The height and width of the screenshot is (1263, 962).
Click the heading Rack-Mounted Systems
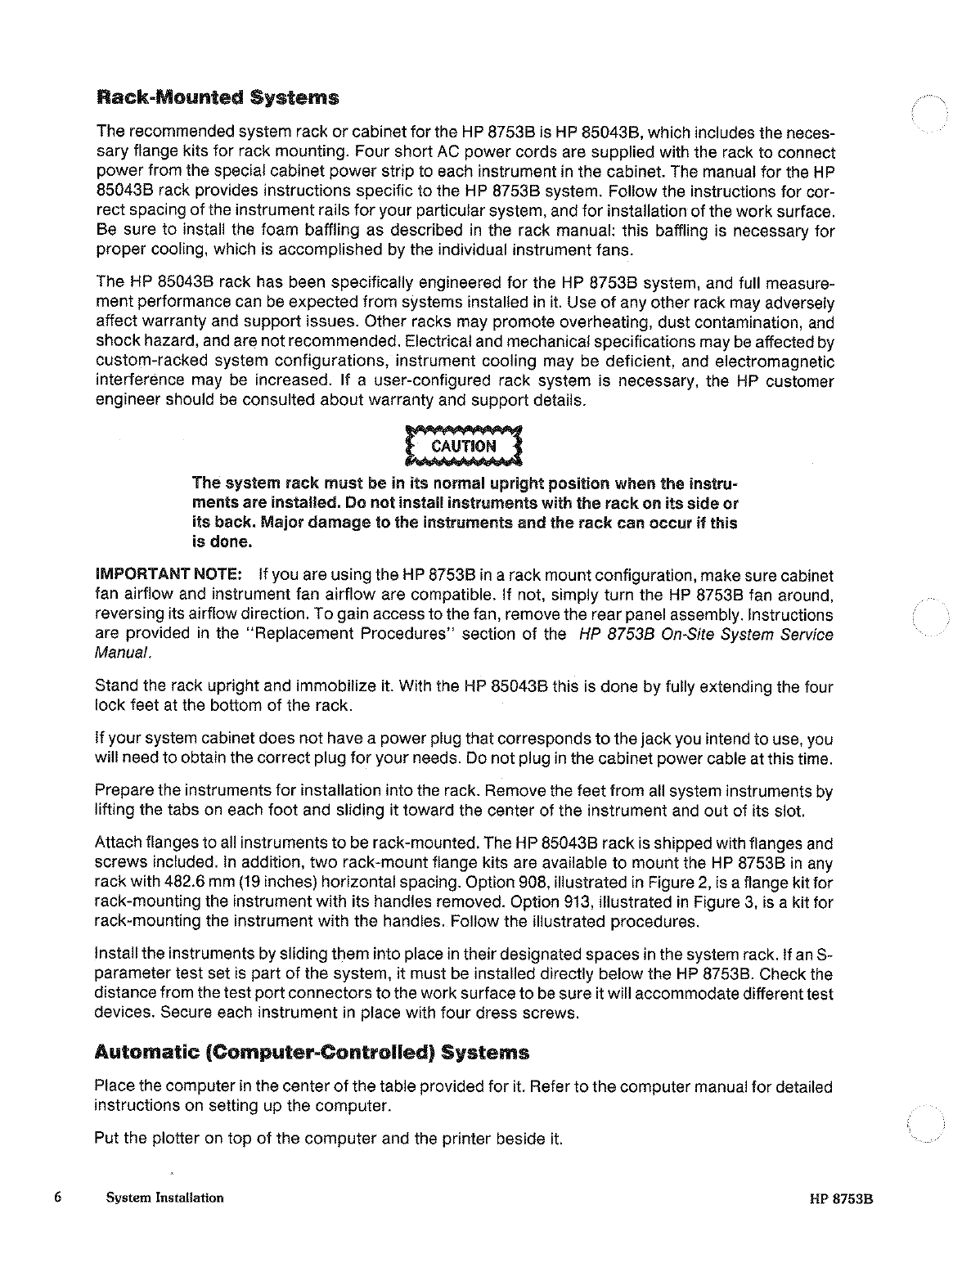[x=217, y=98]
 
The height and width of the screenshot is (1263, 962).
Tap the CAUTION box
[x=463, y=446]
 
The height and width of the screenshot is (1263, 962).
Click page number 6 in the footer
[x=57, y=1197]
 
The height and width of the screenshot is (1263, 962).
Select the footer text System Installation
[x=164, y=1198]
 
